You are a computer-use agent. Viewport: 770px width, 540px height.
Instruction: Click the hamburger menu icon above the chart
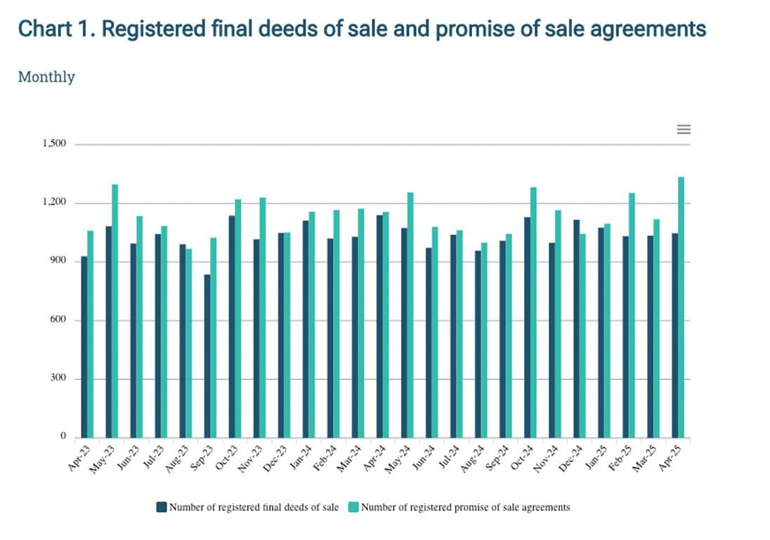tap(683, 129)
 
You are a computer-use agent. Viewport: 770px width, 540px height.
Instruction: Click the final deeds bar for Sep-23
tap(207, 356)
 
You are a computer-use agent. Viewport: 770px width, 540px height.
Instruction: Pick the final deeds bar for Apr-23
tap(84, 347)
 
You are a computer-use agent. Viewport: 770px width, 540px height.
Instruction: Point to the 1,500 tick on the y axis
tap(54, 144)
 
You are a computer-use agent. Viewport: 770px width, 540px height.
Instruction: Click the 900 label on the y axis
tap(58, 261)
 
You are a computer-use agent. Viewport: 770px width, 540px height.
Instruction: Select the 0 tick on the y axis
tap(63, 437)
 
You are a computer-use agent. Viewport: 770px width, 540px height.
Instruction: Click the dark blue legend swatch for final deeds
tap(162, 507)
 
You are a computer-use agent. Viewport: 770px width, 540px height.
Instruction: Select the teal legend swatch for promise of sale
tap(353, 507)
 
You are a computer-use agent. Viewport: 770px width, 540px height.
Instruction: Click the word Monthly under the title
tap(46, 77)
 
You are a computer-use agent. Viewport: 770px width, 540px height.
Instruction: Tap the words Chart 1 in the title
tap(52, 29)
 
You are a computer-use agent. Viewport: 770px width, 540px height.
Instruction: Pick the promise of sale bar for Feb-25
tap(632, 315)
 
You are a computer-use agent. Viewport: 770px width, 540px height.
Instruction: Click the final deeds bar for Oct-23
tap(232, 327)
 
